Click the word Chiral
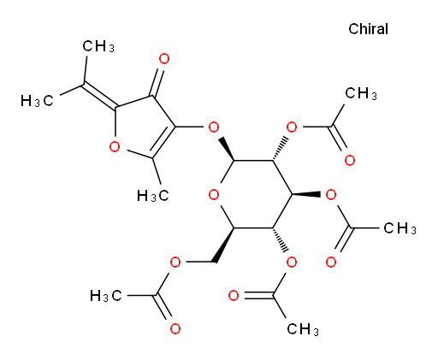368,29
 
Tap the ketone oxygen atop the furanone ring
164,59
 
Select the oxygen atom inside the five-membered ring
115,147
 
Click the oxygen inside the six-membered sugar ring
214,195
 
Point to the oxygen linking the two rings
214,127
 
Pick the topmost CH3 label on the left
98,46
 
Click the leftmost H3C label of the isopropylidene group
37,101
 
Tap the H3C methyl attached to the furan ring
153,196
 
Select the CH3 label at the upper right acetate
361,93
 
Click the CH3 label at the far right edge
400,228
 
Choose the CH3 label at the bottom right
303,329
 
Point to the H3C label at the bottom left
106,296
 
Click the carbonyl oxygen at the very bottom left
175,329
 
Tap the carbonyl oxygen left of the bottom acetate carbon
234,296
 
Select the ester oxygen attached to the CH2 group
175,262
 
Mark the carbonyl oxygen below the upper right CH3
350,161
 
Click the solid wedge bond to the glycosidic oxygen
227,150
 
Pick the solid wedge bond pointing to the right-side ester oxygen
306,194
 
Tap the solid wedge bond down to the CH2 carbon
224,245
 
